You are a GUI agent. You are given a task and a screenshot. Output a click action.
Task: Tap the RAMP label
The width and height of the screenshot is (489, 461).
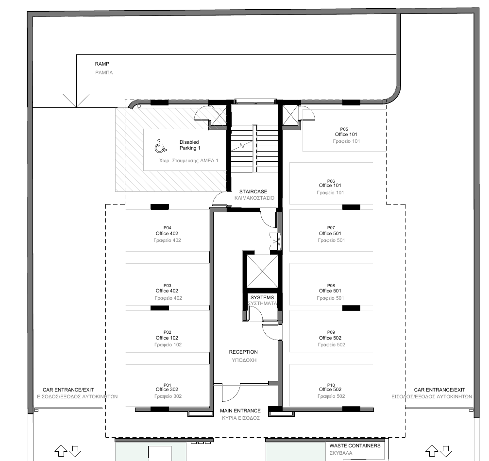102,64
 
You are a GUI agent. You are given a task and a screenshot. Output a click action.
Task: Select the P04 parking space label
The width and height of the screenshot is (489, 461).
167,227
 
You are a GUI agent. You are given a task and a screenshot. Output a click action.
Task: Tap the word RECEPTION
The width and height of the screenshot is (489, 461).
243,352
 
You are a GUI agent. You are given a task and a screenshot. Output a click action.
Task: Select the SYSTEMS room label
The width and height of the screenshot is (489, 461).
262,297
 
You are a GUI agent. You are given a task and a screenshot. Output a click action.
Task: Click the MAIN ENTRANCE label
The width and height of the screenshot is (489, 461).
240,410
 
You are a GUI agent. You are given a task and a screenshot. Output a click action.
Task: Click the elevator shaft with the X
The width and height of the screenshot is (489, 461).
262,271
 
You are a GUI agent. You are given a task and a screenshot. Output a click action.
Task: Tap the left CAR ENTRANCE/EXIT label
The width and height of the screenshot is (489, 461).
68,390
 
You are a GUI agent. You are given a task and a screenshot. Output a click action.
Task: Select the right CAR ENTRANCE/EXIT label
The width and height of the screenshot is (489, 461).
439,390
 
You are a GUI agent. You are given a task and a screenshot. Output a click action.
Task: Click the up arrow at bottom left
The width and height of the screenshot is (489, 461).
61,450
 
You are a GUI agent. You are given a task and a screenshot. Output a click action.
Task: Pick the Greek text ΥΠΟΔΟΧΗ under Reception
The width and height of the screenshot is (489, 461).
243,360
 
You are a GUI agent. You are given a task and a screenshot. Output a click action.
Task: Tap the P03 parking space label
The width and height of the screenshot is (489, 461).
167,285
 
